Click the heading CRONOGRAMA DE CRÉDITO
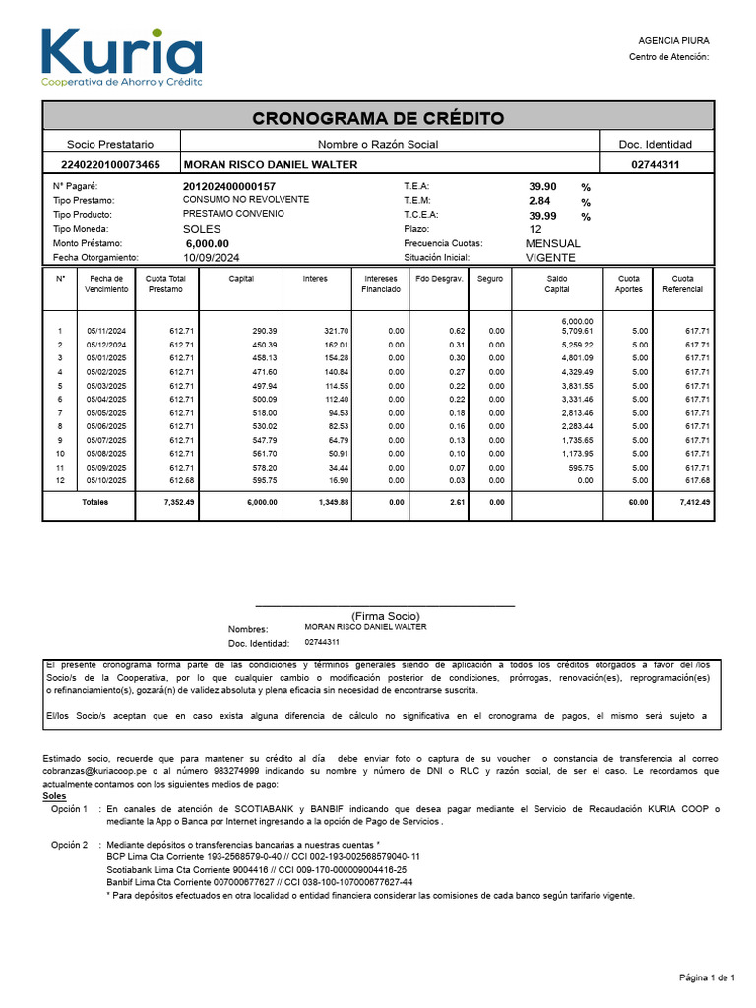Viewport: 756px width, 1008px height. [x=378, y=119]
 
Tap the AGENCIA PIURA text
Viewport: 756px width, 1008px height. [x=673, y=40]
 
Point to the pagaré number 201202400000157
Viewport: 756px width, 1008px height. [x=229, y=186]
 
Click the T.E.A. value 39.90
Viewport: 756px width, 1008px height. [x=542, y=186]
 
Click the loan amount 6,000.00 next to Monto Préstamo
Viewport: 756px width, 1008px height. [x=207, y=243]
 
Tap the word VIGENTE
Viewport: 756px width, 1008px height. [x=550, y=257]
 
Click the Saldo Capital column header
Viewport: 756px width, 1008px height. [x=557, y=283]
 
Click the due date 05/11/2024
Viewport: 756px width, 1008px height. [x=106, y=331]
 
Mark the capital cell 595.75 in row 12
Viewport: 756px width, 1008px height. [x=263, y=480]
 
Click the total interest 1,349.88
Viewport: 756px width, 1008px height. [x=332, y=502]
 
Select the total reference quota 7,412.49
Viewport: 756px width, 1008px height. [x=694, y=502]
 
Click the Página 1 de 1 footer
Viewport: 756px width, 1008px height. [x=707, y=976]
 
